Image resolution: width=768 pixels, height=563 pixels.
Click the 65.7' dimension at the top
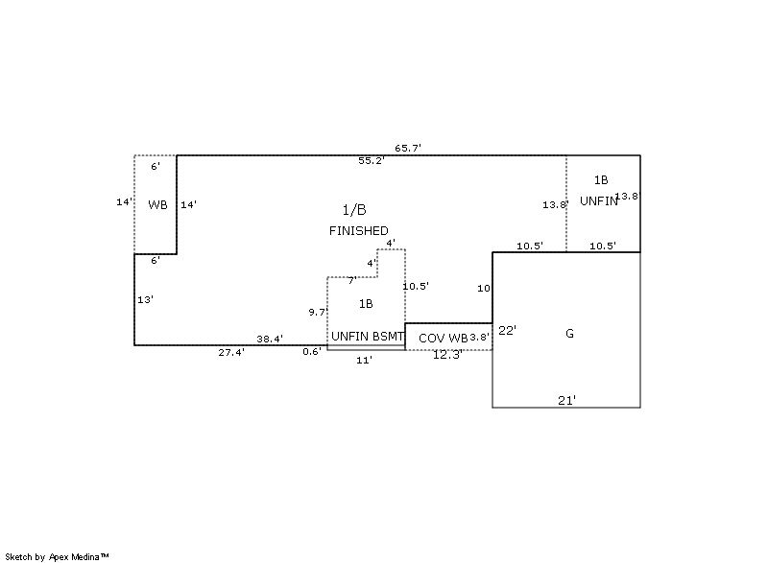coord(408,149)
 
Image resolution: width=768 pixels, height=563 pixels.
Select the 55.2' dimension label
coord(372,161)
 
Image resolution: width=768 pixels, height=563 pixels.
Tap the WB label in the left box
coord(157,204)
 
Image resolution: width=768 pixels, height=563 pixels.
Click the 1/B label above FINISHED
coord(354,210)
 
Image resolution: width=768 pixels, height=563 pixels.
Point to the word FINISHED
coord(359,231)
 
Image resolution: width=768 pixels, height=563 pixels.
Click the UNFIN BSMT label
coord(368,337)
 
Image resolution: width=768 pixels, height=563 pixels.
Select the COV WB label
coord(443,339)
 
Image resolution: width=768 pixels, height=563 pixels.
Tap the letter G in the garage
coord(569,334)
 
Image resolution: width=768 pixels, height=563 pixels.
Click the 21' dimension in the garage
coord(567,400)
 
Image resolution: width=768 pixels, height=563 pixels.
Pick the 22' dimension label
coord(508,331)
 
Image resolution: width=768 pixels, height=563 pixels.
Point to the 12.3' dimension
coord(447,355)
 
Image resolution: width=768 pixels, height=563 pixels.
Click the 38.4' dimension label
coord(270,340)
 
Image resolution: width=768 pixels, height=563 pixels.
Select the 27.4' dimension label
coord(231,353)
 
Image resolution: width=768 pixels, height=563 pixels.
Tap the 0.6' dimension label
coord(312,352)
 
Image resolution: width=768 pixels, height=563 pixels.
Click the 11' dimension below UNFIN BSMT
coord(364,360)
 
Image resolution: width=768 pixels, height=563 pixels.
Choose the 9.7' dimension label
coord(318,313)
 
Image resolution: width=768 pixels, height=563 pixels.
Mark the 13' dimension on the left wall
coord(145,300)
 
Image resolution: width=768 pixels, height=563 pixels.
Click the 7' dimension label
coord(351,281)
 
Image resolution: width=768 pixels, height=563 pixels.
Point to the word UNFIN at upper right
coord(598,201)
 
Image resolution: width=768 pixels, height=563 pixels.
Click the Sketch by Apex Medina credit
coord(57,556)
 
